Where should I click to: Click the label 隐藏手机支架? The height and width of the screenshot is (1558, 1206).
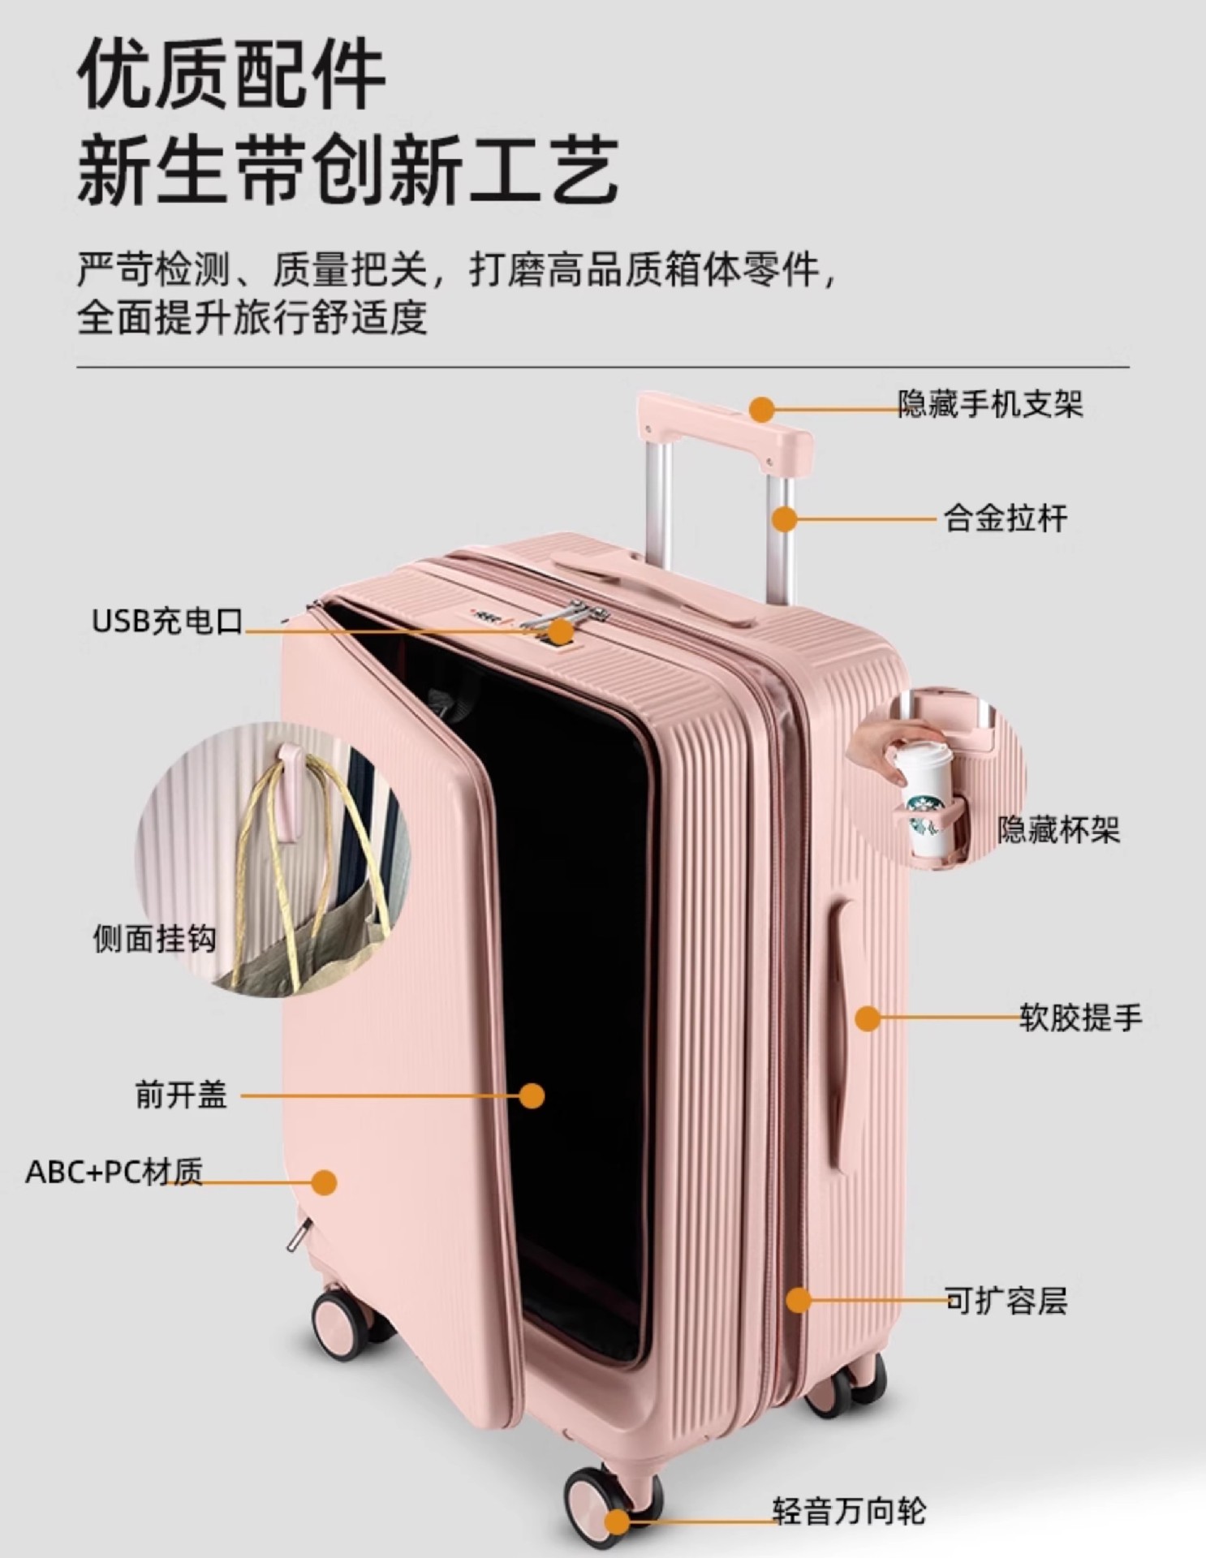(989, 403)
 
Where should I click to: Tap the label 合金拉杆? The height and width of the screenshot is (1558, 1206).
(1005, 518)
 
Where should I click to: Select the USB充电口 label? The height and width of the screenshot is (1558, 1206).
(167, 621)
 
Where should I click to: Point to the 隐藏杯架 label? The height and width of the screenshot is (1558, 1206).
(1058, 829)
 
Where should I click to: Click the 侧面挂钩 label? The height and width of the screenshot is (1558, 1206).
(154, 939)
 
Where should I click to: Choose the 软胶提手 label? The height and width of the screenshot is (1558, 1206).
(1080, 1018)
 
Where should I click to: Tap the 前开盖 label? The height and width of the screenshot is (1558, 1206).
(181, 1095)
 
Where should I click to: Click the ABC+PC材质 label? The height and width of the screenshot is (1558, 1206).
(114, 1172)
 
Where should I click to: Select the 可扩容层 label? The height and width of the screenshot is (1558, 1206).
(1006, 1300)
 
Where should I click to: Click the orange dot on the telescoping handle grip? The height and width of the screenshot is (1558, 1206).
(761, 409)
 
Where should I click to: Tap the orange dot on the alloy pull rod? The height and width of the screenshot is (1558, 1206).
(784, 519)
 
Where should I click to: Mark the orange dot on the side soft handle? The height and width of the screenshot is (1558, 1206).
(868, 1018)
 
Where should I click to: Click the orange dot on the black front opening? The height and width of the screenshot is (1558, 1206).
(532, 1095)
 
